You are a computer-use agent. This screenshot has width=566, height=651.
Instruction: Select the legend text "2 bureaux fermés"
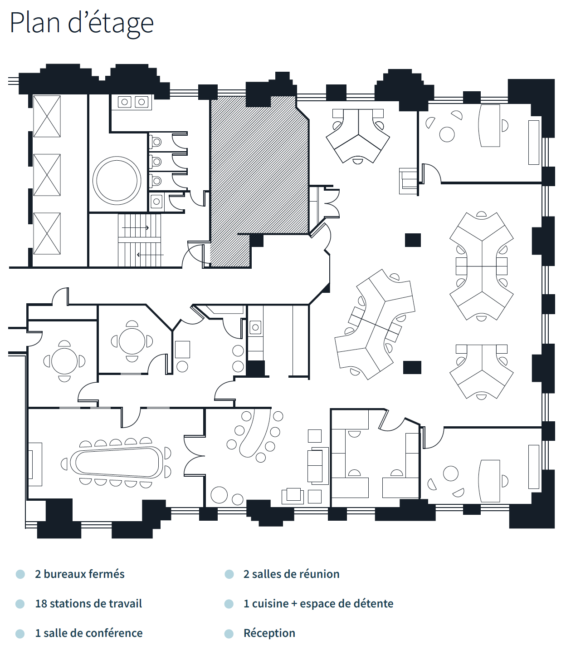pos(80,574)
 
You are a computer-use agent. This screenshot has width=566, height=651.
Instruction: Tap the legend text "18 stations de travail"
pos(88,604)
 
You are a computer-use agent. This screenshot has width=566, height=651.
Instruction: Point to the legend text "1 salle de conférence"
pos(89,633)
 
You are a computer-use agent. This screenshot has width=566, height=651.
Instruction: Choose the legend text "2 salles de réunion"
pos(292,574)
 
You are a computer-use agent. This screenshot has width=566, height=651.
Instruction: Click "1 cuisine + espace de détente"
pos(318,604)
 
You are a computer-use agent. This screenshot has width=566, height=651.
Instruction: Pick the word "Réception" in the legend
pos(269,633)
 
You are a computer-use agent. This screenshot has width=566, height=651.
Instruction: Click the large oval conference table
pos(116,463)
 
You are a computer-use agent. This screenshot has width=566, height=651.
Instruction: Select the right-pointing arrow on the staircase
pos(136,228)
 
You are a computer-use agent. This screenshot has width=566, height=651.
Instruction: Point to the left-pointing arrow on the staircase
pos(150,255)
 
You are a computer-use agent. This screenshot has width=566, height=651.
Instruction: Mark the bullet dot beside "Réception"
pos(229,633)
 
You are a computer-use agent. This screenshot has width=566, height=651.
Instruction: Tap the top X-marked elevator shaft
pos(47,116)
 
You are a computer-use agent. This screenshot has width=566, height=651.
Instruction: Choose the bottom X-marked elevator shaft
pos(47,233)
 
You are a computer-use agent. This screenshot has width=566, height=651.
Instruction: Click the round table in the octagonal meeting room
pos(132,341)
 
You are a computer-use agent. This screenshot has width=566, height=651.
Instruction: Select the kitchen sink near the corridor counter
pos(255,327)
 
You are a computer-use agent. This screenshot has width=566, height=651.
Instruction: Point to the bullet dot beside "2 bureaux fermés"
pos(20,574)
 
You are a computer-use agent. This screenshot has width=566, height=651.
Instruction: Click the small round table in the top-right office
pos(447,134)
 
